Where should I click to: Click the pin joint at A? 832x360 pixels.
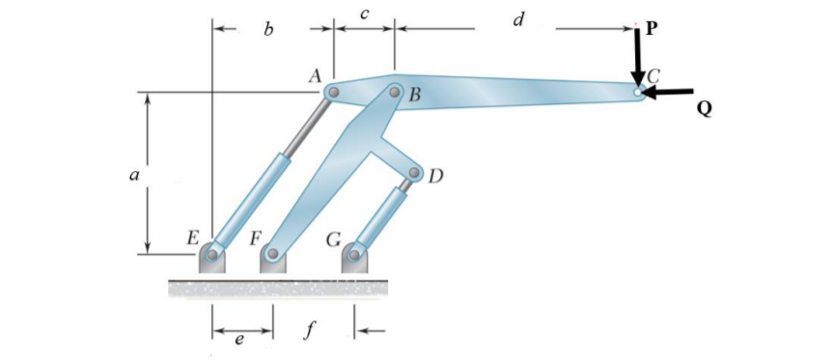pos(332,93)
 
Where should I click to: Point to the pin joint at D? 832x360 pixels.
pos(415,175)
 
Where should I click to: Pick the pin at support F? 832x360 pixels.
pos(273,256)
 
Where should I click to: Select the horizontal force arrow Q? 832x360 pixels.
pos(671,93)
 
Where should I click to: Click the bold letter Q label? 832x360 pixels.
pos(704,110)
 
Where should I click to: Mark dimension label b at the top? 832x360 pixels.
pos(269,32)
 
